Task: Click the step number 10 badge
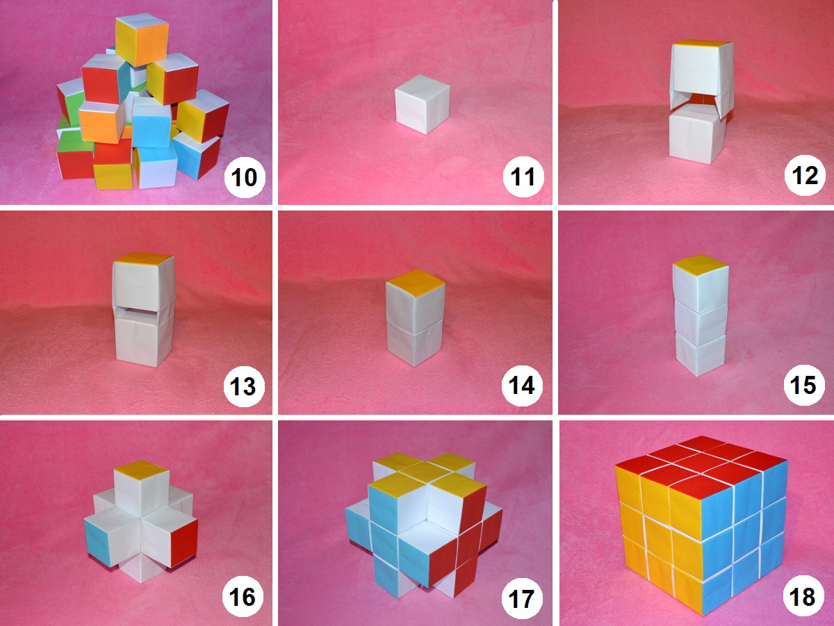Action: (245, 177)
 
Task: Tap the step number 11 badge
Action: (523, 176)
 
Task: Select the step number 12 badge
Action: (805, 176)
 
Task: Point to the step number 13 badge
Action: (244, 386)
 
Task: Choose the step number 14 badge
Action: (522, 386)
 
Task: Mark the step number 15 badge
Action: (804, 385)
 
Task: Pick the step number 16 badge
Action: (243, 597)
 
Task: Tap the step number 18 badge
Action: (803, 597)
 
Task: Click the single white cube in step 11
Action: (422, 104)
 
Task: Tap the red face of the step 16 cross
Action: (184, 543)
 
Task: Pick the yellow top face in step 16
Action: (142, 470)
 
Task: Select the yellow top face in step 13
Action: (144, 258)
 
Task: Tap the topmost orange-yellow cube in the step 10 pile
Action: (142, 40)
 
